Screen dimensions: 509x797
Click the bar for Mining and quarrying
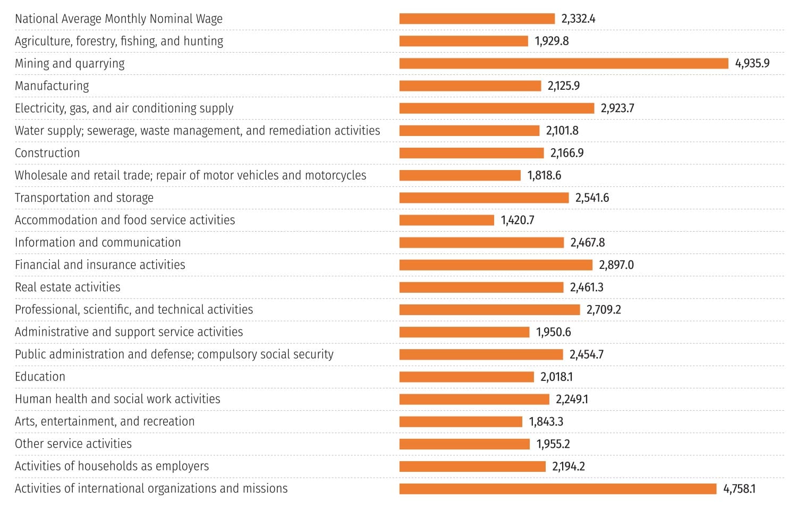coord(563,64)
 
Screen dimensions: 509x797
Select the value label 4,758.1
coord(739,489)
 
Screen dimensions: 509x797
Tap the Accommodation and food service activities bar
coord(446,220)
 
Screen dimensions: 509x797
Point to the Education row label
coord(40,377)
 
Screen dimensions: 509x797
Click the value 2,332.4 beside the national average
coord(578,19)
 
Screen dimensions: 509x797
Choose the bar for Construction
coord(471,153)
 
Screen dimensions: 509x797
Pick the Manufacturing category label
coord(52,86)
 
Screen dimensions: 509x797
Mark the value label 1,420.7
coord(517,220)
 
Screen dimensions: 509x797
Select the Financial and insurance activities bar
coord(495,265)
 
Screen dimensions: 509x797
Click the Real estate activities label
coord(67,287)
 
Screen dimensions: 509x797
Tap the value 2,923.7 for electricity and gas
coord(617,108)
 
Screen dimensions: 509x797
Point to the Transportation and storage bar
coord(484,198)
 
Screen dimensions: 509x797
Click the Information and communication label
coord(98,243)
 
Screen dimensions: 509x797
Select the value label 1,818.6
coord(544,175)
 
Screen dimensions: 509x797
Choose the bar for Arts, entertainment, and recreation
coord(461,422)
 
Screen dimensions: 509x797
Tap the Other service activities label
coord(73,444)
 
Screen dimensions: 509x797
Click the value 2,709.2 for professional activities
coord(604,310)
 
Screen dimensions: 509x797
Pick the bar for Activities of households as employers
coord(472,466)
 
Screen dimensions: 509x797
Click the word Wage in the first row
coord(210,19)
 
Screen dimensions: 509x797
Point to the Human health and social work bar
coord(474,400)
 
